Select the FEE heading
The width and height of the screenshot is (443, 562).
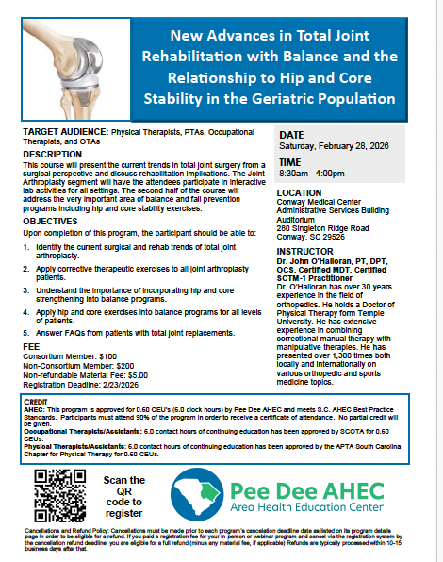coord(32,320)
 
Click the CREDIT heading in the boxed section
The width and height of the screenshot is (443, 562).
coord(35,374)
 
